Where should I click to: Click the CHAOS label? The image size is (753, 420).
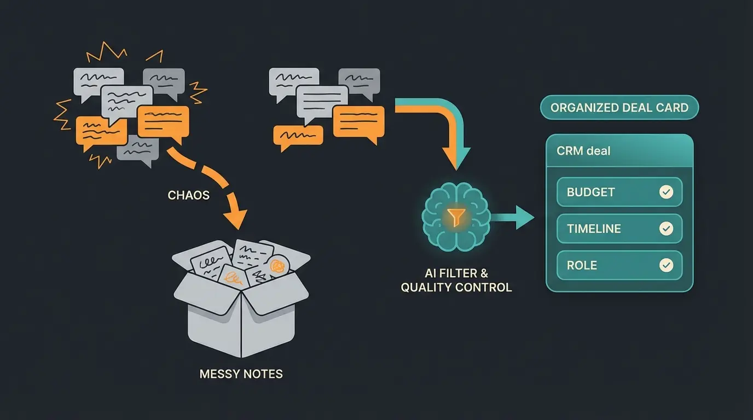tap(188, 195)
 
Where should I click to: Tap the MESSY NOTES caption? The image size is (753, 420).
tap(241, 374)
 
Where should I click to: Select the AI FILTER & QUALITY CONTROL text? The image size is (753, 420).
tap(456, 280)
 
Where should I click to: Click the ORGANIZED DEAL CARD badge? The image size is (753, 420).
tap(619, 108)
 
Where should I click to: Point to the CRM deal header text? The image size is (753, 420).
tap(583, 150)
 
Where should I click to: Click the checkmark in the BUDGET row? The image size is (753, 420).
tap(666, 192)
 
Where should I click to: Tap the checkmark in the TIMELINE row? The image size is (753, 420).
tap(666, 229)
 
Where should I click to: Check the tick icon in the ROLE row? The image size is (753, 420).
tap(666, 265)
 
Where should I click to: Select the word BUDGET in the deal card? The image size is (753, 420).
tap(590, 192)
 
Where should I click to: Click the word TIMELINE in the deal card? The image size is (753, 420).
tap(594, 229)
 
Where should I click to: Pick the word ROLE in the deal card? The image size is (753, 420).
tap(582, 265)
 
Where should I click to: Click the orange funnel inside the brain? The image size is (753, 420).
tap(456, 217)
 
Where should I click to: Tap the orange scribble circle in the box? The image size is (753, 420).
tap(277, 266)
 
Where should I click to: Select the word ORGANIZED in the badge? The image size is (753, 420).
tap(581, 108)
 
